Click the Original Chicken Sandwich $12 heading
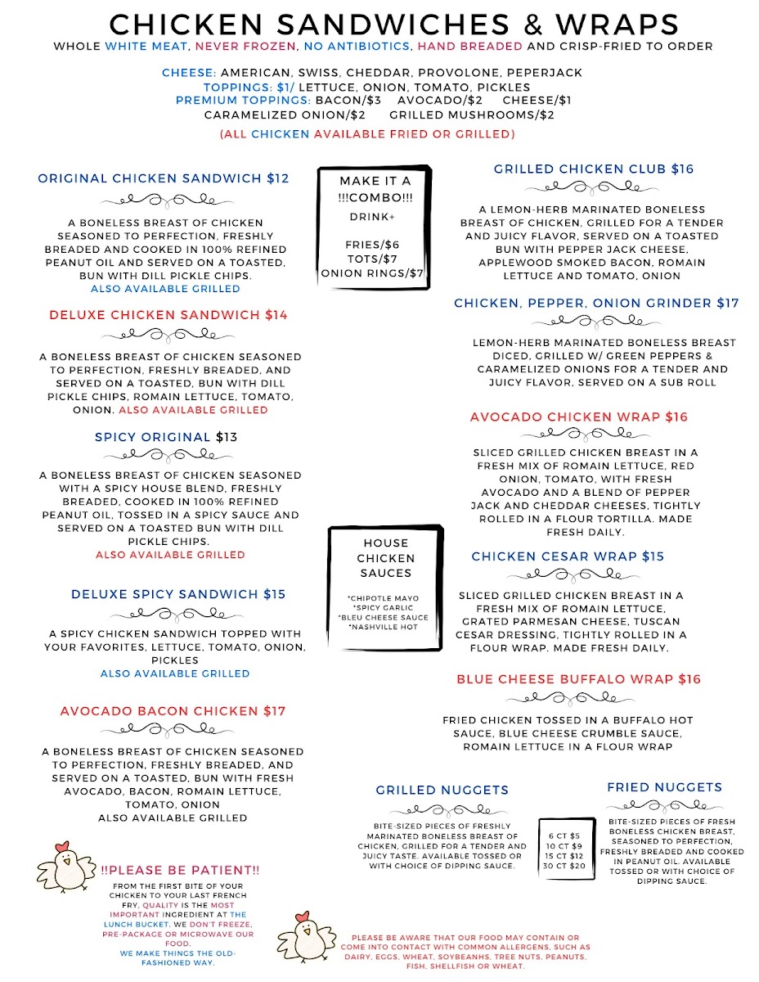click(x=164, y=178)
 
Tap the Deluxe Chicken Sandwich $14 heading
click(x=168, y=315)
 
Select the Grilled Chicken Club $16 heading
click(x=594, y=169)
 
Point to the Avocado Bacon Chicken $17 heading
click(x=173, y=712)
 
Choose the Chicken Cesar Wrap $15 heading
click(x=568, y=556)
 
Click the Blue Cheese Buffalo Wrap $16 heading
click(x=579, y=679)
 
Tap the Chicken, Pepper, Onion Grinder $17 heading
click(x=596, y=304)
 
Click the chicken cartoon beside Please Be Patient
click(x=65, y=867)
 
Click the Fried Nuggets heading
click(x=664, y=787)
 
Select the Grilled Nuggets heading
click(x=442, y=791)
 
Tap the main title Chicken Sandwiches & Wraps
click(x=393, y=24)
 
